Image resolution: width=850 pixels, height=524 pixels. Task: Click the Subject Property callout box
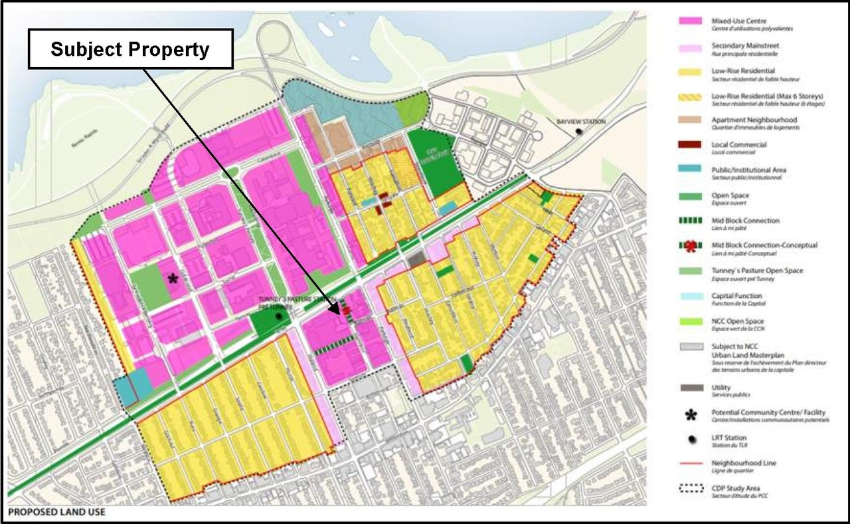pos(130,49)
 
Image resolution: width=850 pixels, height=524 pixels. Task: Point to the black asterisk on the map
pos(173,279)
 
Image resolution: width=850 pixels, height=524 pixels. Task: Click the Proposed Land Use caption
pos(56,513)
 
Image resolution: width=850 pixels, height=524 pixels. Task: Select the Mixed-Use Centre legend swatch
pos(691,21)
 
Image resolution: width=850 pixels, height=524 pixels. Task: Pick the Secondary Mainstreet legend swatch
pos(691,47)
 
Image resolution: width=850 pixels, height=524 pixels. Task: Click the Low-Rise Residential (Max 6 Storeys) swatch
pos(691,96)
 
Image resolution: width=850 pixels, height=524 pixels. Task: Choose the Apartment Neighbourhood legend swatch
pos(691,121)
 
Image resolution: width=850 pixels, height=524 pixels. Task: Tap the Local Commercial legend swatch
pos(691,146)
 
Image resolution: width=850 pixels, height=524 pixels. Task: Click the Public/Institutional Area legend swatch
pos(691,171)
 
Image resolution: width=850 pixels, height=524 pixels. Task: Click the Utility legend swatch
pos(691,388)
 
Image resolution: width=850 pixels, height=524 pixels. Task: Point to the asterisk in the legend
pos(691,416)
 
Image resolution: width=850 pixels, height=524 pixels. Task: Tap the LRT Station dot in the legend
pos(691,440)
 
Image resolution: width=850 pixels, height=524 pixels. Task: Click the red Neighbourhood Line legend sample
pos(691,463)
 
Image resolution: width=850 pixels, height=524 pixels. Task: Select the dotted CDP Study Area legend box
pos(691,488)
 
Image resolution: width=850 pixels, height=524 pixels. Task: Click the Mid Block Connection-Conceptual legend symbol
pos(691,246)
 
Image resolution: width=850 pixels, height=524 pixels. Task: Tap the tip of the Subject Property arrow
pos(339,313)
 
